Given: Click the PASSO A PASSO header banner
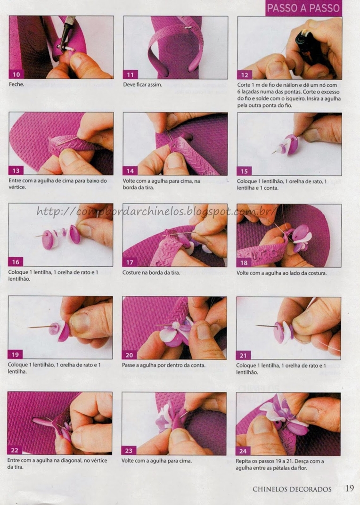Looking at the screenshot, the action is (303, 8).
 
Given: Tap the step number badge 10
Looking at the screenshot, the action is (16, 75).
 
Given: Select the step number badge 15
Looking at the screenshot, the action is (244, 171).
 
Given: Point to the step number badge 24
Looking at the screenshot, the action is (243, 451).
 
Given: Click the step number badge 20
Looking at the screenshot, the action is (129, 355).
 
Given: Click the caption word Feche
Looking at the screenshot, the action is (16, 84).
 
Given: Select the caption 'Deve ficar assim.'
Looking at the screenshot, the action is (142, 85).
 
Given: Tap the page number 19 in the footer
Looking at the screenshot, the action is (349, 488).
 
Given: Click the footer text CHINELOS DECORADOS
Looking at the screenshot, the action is (292, 489).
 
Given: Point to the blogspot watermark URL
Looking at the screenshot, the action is (156, 211).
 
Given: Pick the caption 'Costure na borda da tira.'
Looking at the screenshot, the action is (151, 272).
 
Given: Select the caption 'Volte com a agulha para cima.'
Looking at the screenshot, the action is (156, 461).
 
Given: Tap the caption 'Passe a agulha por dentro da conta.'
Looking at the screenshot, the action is (164, 365).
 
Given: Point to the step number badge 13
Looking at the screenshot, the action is (16, 171).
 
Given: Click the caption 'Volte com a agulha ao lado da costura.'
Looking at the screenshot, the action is (282, 273).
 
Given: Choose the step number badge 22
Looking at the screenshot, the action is (15, 450).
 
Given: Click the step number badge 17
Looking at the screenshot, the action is (130, 262).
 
